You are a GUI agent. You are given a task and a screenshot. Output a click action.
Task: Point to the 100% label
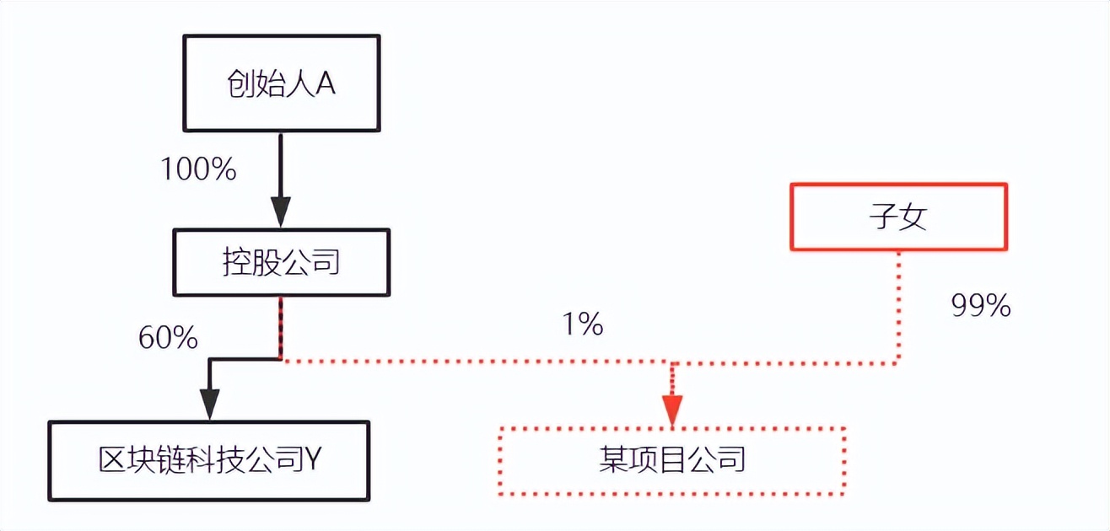tap(199, 169)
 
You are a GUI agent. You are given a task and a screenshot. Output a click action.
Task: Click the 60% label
tap(168, 338)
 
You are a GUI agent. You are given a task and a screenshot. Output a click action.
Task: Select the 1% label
tap(583, 324)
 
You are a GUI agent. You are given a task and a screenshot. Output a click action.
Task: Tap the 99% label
tap(981, 306)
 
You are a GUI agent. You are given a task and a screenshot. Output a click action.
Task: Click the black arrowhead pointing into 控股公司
tap(281, 212)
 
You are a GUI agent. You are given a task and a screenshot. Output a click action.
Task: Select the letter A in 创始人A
tap(326, 83)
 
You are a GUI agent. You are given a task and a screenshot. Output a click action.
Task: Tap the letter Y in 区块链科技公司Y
tap(312, 459)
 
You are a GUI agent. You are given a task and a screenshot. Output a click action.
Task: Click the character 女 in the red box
tap(913, 217)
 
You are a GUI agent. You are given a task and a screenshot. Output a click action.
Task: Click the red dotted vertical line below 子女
tap(899, 307)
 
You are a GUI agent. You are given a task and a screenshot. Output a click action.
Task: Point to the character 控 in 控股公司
tap(237, 262)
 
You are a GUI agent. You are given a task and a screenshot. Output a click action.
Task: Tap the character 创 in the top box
tap(242, 83)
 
